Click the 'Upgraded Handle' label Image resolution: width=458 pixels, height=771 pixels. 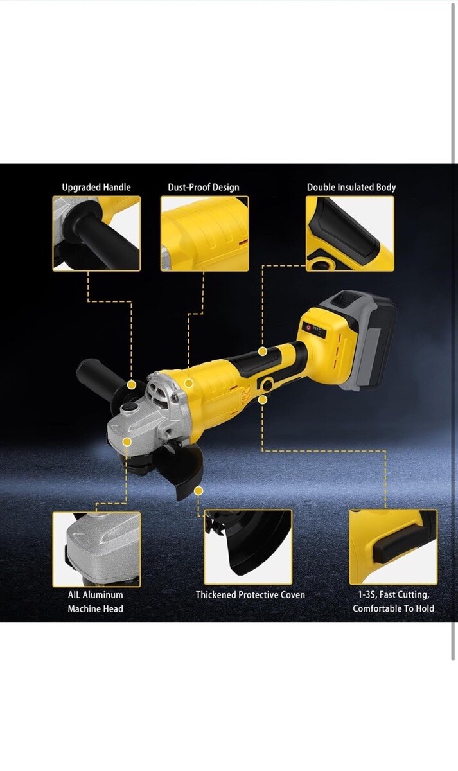pos(96,187)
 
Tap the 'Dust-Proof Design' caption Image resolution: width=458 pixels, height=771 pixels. pos(204,187)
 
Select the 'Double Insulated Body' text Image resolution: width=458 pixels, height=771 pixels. pos(351,187)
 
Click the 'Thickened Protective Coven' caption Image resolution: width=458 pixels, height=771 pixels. pos(251,595)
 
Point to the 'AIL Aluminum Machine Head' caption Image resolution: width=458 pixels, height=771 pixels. pos(95,601)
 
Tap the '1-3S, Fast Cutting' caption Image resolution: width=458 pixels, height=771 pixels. pos(393,595)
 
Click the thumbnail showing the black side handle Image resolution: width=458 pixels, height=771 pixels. pos(96,234)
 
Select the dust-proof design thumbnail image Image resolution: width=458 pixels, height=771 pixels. pos(205,234)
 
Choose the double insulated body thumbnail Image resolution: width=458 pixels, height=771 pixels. pos(350,234)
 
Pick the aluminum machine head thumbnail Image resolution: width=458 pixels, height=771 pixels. pos(96,549)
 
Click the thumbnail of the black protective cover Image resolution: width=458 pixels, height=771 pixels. pos(248,547)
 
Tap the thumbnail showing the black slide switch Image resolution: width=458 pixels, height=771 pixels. pos(393,547)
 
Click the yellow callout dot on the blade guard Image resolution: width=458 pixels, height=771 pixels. pos(198,491)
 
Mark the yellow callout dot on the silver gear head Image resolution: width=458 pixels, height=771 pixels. pos(127,442)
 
